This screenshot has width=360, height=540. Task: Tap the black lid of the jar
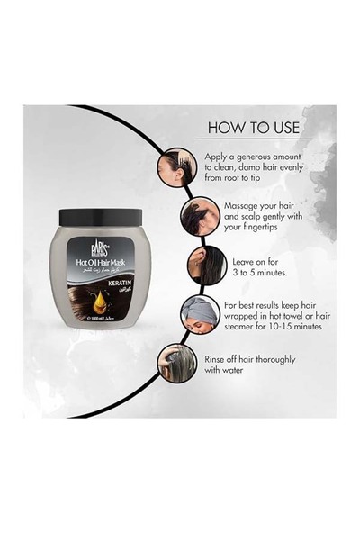pos(99,217)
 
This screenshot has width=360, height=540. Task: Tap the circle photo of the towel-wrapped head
pos(195,315)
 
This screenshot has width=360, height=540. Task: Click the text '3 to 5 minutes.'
pos(249,267)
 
